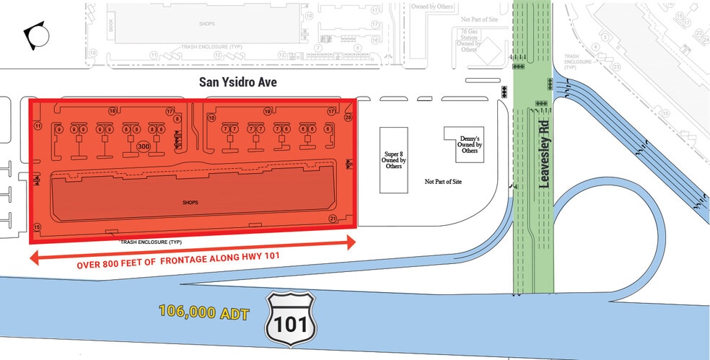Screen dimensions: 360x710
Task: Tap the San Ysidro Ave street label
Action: [x=238, y=82]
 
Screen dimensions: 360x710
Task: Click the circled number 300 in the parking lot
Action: [x=143, y=146]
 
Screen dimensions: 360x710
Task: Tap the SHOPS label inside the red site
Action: [x=191, y=202]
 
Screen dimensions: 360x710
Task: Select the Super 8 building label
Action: [x=395, y=159]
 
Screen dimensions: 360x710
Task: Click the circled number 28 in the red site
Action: [x=348, y=117]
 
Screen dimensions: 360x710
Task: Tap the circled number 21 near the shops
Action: [x=333, y=218]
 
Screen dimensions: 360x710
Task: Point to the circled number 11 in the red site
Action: [x=38, y=126]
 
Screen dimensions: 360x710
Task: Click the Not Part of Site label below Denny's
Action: [x=443, y=182]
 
